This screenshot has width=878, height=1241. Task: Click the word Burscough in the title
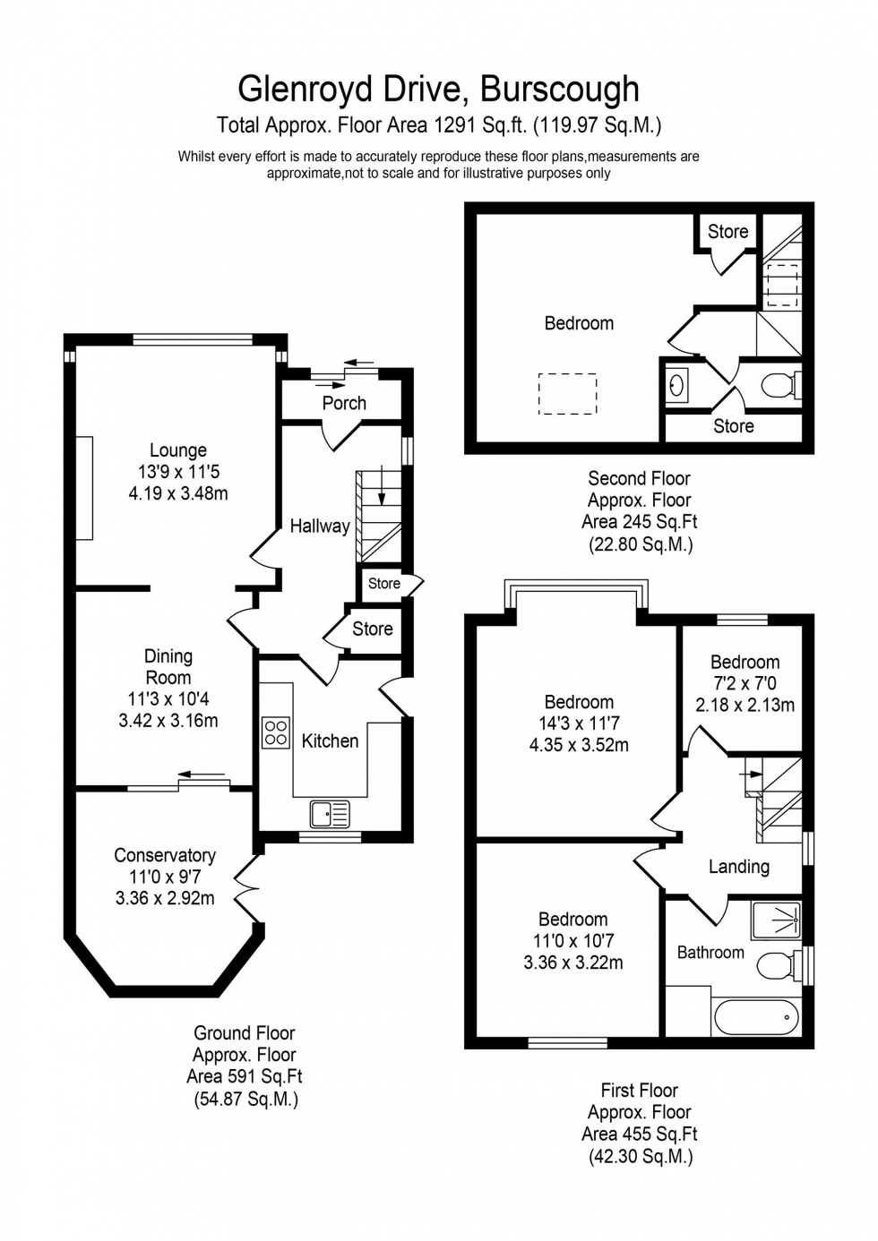pyautogui.click(x=559, y=90)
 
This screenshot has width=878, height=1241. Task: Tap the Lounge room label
pyautogui.click(x=177, y=450)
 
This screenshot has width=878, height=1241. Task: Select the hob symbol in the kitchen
pyautogui.click(x=276, y=732)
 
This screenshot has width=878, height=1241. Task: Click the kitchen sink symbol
pyautogui.click(x=330, y=813)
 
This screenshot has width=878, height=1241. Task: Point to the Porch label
pyautogui.click(x=344, y=403)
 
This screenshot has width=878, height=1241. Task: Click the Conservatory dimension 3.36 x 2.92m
pyautogui.click(x=165, y=898)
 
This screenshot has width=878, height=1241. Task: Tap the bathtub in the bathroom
pyautogui.click(x=755, y=1016)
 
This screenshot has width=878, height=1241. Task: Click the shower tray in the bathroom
pyautogui.click(x=776, y=919)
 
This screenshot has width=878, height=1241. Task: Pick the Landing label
pyautogui.click(x=738, y=866)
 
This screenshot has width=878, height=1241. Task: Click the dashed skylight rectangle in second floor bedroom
pyautogui.click(x=567, y=394)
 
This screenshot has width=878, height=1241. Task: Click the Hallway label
pyautogui.click(x=320, y=526)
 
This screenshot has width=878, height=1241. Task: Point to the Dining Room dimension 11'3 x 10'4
pyautogui.click(x=168, y=698)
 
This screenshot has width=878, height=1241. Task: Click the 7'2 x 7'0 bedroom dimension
pyautogui.click(x=745, y=683)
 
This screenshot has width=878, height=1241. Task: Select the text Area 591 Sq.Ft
pyautogui.click(x=244, y=1076)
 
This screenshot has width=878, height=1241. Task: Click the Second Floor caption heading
pyautogui.click(x=639, y=478)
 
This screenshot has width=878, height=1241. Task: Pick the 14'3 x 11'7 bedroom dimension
pyautogui.click(x=579, y=723)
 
